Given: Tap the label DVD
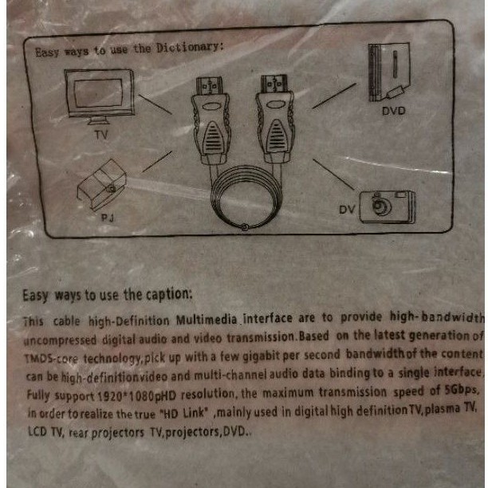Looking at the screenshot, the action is coord(393,111).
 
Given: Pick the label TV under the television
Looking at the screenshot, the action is coord(100,136).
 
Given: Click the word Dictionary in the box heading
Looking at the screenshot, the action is coord(188,47).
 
